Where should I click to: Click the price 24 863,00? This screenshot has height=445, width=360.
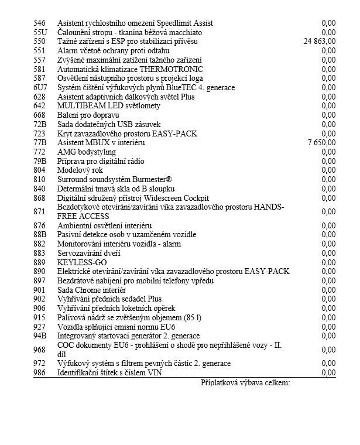pos(320,42)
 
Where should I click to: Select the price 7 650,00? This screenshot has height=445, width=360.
pos(321,142)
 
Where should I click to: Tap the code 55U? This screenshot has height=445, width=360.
pos(40,32)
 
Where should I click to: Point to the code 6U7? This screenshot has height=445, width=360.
pos(40,87)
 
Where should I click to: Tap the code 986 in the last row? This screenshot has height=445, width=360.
pos(40,372)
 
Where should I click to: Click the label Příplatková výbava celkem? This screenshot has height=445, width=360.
pos(245,383)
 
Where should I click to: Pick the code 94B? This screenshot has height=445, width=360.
pos(40,336)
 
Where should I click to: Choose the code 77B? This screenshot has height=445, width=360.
pos(40,142)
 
